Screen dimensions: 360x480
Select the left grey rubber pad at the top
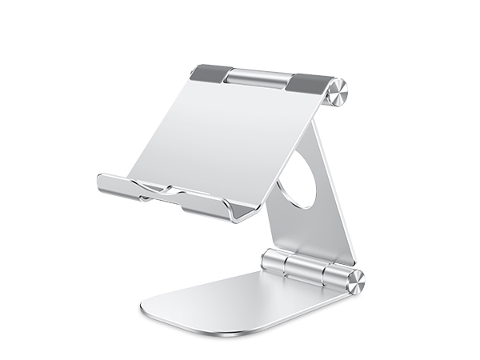pos(209,73)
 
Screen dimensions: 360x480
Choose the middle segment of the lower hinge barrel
pos(303,268)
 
